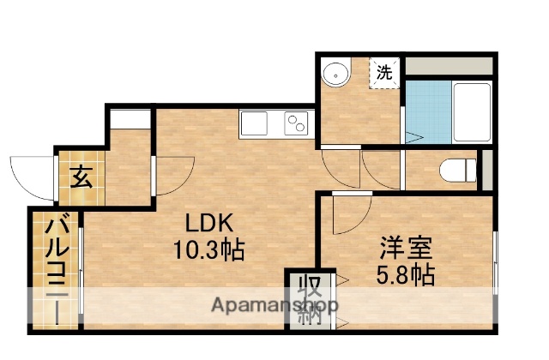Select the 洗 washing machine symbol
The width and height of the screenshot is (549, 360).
point(385,73)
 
